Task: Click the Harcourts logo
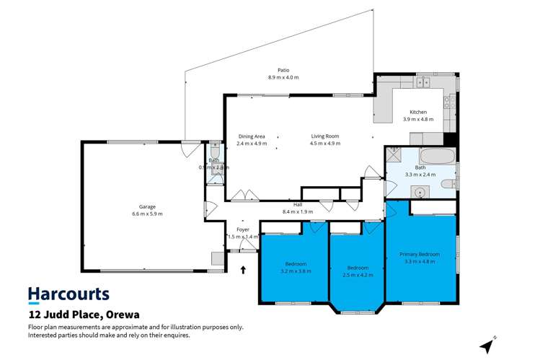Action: (68, 294)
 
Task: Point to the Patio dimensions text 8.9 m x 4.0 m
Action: (283, 77)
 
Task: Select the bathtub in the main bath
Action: (437, 157)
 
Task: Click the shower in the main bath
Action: (394, 153)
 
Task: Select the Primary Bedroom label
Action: (420, 253)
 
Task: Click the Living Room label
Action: (324, 136)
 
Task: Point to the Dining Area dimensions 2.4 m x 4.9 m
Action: (252, 143)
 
